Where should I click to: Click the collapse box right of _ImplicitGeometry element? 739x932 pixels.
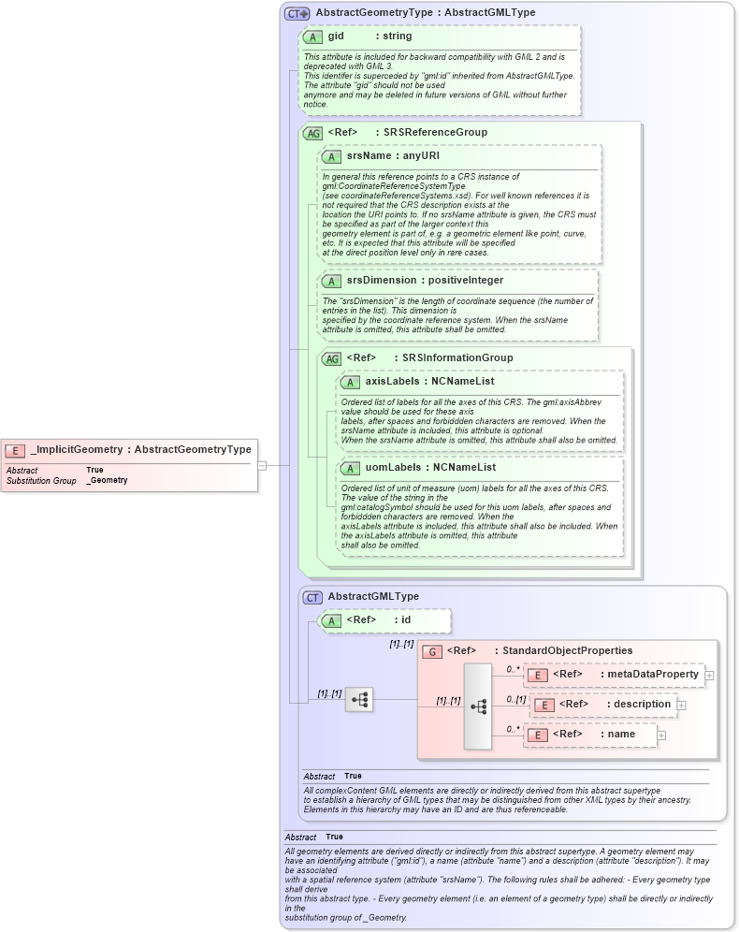[x=263, y=465]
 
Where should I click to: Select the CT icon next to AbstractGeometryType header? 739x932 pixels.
[x=297, y=14]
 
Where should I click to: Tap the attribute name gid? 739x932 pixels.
[x=337, y=36]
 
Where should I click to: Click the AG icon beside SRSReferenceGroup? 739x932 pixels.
[x=312, y=133]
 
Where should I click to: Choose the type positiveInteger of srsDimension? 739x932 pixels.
[x=467, y=280]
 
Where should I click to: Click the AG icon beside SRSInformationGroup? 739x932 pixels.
[x=331, y=358]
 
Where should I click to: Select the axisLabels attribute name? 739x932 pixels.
[x=391, y=382]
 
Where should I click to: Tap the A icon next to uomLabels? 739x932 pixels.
[x=350, y=468]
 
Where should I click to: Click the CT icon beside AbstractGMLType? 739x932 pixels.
[x=312, y=597]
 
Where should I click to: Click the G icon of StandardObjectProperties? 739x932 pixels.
[x=433, y=651]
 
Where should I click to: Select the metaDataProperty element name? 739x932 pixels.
[x=653, y=674]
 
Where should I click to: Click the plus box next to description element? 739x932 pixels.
[x=681, y=706]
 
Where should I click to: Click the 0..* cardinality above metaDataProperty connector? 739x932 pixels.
[x=513, y=669]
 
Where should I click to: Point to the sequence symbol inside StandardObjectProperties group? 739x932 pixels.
[x=477, y=706]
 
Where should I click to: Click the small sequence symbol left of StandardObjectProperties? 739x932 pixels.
[x=358, y=699]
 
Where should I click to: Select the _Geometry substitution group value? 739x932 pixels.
[x=107, y=480]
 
